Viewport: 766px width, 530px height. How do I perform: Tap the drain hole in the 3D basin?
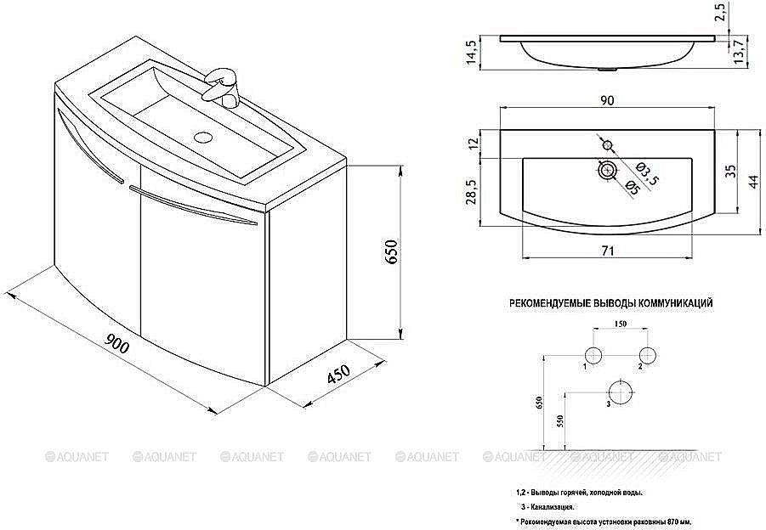203,135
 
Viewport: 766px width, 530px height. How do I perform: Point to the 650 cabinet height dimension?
392,253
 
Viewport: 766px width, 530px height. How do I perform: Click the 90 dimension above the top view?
607,101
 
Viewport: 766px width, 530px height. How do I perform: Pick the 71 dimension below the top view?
607,251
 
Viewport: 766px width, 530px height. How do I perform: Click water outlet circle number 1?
593,354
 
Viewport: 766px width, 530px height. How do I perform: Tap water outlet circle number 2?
648,354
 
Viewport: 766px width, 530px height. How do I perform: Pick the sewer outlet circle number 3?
621,393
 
